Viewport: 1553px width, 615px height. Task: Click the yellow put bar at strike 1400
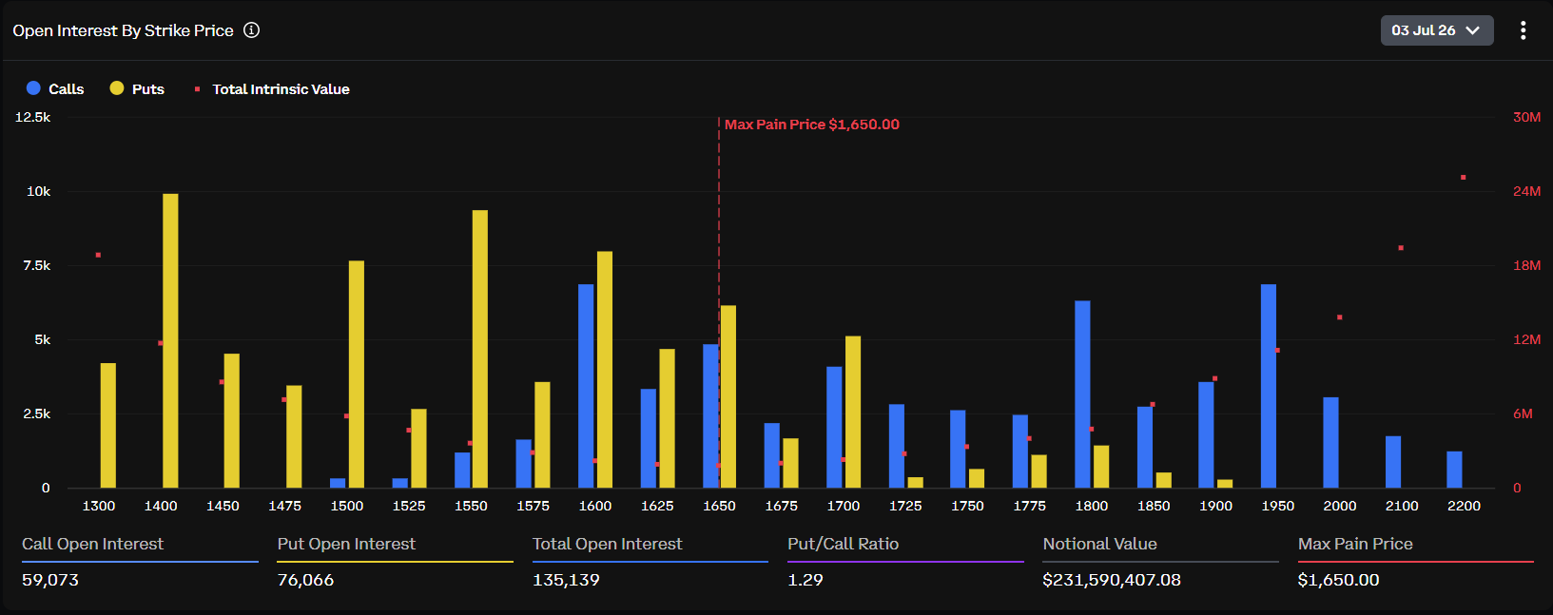(x=170, y=340)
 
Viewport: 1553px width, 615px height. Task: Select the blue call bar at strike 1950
(x=1269, y=386)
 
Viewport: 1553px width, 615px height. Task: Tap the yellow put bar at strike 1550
(x=479, y=349)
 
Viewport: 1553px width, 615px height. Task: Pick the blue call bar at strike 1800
(x=1082, y=394)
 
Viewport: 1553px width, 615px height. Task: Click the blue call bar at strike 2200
(x=1454, y=470)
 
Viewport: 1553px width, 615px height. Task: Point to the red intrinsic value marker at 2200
(x=1464, y=178)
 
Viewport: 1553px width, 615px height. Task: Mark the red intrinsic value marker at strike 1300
(x=99, y=255)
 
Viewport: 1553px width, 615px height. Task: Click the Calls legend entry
(x=55, y=88)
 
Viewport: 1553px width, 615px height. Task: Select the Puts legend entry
(x=137, y=88)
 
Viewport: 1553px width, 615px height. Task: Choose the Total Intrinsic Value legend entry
(x=272, y=88)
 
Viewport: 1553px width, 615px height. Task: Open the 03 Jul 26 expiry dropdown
(x=1437, y=30)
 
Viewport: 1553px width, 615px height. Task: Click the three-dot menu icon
(x=1524, y=30)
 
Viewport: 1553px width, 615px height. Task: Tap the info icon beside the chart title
(x=252, y=29)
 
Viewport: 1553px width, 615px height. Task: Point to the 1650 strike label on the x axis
(x=719, y=506)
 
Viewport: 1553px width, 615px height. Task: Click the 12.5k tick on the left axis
(x=32, y=117)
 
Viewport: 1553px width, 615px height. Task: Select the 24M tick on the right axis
(x=1526, y=191)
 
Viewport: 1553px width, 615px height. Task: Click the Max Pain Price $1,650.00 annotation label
(x=812, y=125)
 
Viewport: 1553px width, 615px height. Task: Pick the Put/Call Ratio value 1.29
(x=805, y=580)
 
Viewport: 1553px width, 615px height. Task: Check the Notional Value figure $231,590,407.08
(x=1112, y=580)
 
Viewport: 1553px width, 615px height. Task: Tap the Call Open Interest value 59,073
(x=49, y=580)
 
